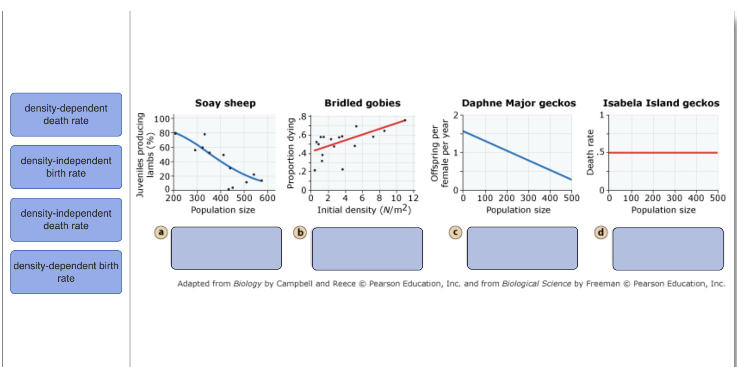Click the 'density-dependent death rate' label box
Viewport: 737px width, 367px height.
pyautogui.click(x=66, y=115)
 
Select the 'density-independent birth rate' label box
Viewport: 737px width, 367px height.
pyautogui.click(x=66, y=167)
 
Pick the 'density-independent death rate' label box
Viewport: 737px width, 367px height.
pyautogui.click(x=66, y=220)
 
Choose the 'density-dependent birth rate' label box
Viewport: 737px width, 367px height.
pyautogui.click(x=66, y=272)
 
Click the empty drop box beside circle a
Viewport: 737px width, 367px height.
pyautogui.click(x=226, y=248)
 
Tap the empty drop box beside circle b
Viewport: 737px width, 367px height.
pyautogui.click(x=367, y=249)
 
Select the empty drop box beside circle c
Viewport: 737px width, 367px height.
pyautogui.click(x=522, y=248)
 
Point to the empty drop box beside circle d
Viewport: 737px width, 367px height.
pyautogui.click(x=668, y=249)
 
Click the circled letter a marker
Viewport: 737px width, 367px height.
pyautogui.click(x=161, y=233)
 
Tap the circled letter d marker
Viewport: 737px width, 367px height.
pyautogui.click(x=601, y=233)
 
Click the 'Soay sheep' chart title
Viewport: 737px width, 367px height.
pyautogui.click(x=225, y=103)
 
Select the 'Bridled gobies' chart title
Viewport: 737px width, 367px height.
pyautogui.click(x=362, y=103)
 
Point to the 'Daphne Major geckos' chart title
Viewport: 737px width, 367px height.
pyautogui.click(x=519, y=103)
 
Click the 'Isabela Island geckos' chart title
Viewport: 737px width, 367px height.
pyautogui.click(x=661, y=103)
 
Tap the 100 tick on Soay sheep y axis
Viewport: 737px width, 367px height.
pyautogui.click(x=162, y=119)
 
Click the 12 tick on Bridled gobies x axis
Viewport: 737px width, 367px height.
pyautogui.click(x=413, y=198)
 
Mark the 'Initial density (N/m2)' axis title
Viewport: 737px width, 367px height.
pyautogui.click(x=364, y=210)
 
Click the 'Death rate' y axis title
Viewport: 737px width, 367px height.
pyautogui.click(x=590, y=152)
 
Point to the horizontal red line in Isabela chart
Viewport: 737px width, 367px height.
pyautogui.click(x=663, y=152)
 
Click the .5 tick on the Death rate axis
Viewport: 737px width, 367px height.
pyautogui.click(x=601, y=152)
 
